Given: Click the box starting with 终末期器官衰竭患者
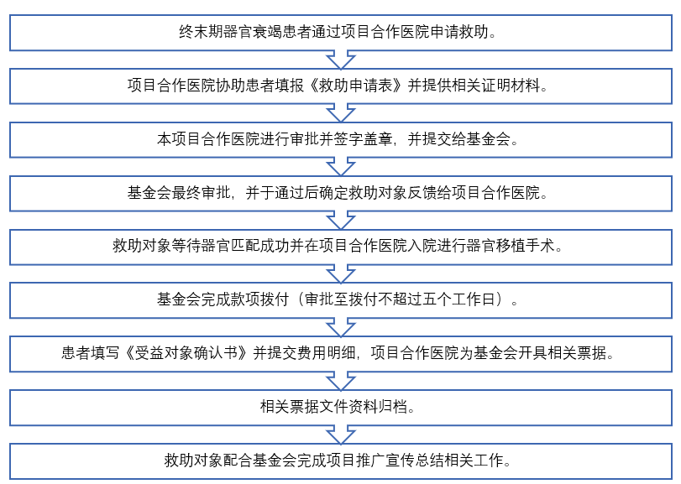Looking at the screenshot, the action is pyautogui.click(x=341, y=33).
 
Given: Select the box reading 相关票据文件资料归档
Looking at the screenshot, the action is pyautogui.click(x=341, y=407).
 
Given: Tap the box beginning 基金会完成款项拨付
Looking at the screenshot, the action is pyautogui.click(x=341, y=300).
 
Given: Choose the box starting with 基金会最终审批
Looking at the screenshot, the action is pyautogui.click(x=341, y=193).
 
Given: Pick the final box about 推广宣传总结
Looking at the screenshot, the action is pyautogui.click(x=341, y=461).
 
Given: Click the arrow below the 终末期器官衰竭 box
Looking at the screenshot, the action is pyautogui.click(x=341, y=60).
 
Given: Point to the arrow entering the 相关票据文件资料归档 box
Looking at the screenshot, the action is pyautogui.click(x=341, y=381).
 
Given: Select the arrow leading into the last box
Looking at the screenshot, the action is pyautogui.click(x=341, y=435).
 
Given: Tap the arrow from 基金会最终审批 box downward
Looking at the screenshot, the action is pyautogui.click(x=341, y=221).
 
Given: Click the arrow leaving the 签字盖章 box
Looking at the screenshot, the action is pyautogui.click(x=341, y=167).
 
